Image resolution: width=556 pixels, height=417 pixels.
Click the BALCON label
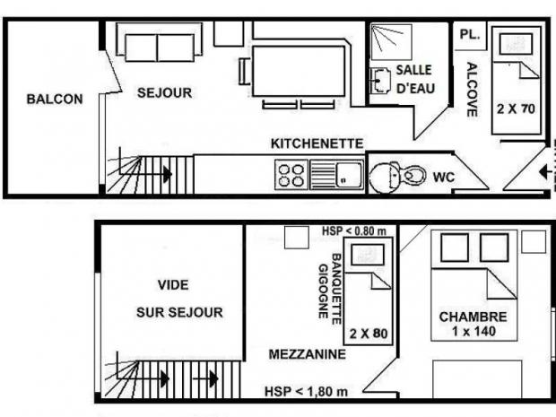tap(55, 99)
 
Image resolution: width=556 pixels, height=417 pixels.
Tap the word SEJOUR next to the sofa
tap(164, 93)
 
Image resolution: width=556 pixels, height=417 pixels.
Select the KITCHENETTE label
tap(317, 143)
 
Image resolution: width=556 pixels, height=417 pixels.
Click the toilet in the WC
tap(397, 176)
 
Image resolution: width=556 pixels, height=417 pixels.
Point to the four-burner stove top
tap(291, 175)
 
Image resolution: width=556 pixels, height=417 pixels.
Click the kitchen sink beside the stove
tap(336, 175)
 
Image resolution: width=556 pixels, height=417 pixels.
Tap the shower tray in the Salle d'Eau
tap(391, 42)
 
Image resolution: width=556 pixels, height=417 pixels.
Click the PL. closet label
tap(470, 34)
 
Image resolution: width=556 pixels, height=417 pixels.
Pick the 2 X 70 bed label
tap(516, 109)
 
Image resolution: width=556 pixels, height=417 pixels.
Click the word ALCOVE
tap(472, 90)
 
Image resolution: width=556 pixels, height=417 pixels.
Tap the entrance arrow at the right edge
tap(544, 173)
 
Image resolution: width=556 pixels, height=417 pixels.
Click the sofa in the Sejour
tap(160, 42)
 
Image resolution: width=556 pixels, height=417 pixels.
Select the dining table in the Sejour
tap(299, 71)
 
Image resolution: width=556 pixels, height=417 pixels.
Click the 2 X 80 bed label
tap(369, 334)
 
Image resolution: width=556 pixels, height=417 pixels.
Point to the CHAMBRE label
tap(473, 317)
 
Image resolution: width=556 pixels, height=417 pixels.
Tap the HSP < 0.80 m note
tap(354, 231)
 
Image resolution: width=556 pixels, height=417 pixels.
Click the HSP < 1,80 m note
tap(306, 392)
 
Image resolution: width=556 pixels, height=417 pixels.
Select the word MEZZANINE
tap(307, 354)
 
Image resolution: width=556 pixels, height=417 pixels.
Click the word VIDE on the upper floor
tap(173, 285)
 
